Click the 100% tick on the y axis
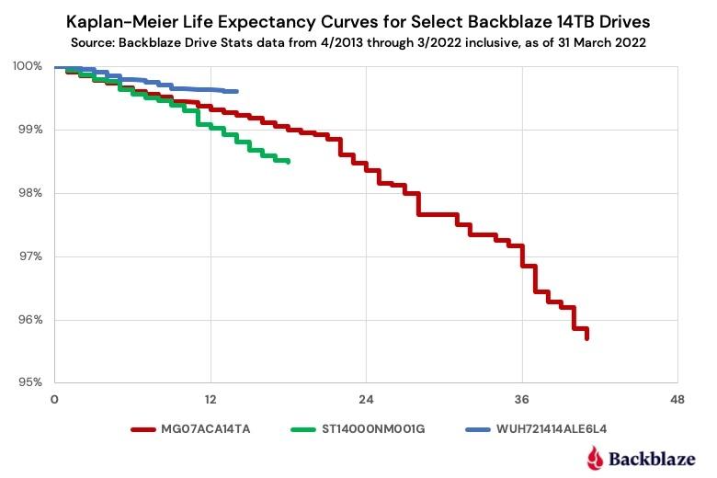click(28, 66)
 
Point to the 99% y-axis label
click(30, 130)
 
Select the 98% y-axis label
click(30, 193)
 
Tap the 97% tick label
click(30, 256)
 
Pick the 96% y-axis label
click(30, 320)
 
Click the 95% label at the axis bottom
click(30, 382)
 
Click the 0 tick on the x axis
click(54, 399)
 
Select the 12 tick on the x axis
click(211, 399)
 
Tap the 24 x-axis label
click(366, 399)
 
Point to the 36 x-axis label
click(522, 399)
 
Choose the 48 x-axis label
click(677, 399)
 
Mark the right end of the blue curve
click(237, 91)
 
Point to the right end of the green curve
click(289, 162)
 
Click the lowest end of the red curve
click(586, 338)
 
